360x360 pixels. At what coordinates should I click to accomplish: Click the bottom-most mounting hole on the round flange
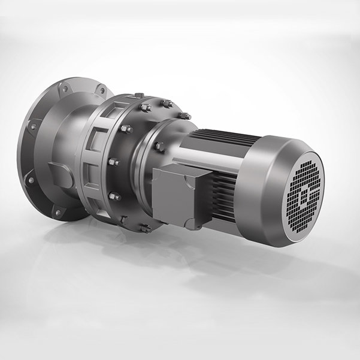click(x=58, y=212)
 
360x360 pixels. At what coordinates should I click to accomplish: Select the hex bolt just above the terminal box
click(x=159, y=146)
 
